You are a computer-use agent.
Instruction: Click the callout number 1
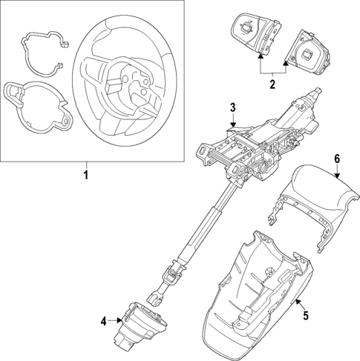point(85,175)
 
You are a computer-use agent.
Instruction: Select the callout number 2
point(272,85)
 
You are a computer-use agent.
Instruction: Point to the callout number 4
point(104,320)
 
